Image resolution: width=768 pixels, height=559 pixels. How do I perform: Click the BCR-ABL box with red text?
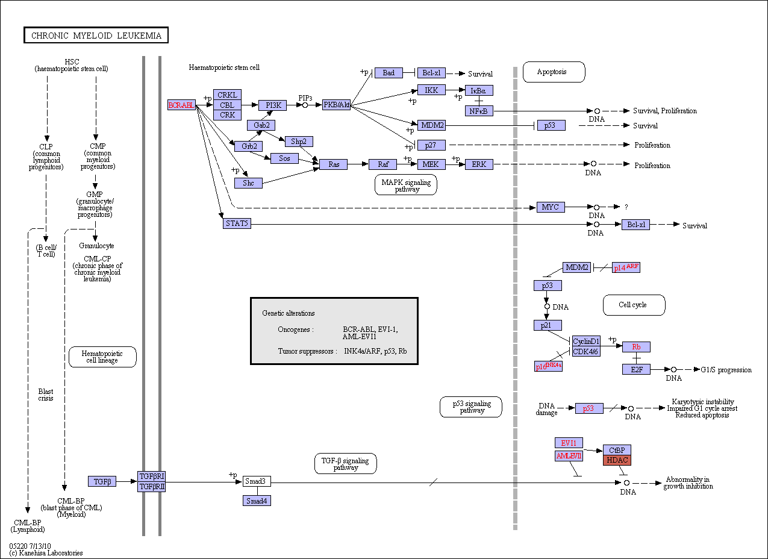click(181, 105)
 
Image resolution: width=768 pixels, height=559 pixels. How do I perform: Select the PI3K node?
click(273, 105)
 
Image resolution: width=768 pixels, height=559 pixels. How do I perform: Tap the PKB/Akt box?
click(336, 105)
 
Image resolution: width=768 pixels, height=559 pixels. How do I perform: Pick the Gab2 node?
click(261, 125)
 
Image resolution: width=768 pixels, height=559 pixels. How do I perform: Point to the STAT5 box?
click(237, 223)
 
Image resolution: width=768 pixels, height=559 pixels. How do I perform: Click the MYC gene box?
click(551, 207)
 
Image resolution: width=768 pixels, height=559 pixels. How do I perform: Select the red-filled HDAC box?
click(617, 460)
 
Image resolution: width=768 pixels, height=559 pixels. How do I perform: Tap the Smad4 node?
click(257, 501)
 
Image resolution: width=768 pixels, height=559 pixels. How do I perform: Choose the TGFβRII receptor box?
click(152, 487)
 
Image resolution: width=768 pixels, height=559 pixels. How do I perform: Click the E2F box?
click(636, 369)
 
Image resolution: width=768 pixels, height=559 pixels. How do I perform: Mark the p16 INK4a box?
click(548, 366)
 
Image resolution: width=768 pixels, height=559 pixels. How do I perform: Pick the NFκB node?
click(479, 111)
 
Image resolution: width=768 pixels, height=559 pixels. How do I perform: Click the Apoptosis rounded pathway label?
click(554, 72)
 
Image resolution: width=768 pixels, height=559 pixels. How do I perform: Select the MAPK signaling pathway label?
click(406, 185)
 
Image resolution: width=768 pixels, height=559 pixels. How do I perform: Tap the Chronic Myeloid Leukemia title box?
click(96, 36)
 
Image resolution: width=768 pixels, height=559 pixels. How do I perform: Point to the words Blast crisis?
click(46, 395)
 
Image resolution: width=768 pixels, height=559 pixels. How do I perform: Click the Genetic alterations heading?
click(289, 313)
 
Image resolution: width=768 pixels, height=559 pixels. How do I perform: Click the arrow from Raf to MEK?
click(407, 164)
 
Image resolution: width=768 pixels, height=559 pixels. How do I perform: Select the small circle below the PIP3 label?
click(305, 105)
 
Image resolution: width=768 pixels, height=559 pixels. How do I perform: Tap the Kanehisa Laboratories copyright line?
click(46, 553)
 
